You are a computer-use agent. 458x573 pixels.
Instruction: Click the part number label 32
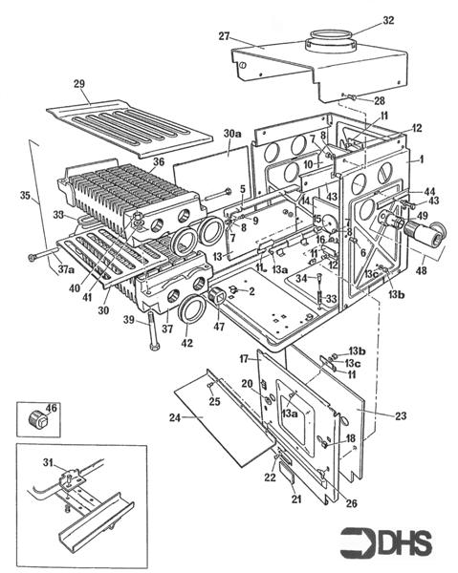coord(360,19)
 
